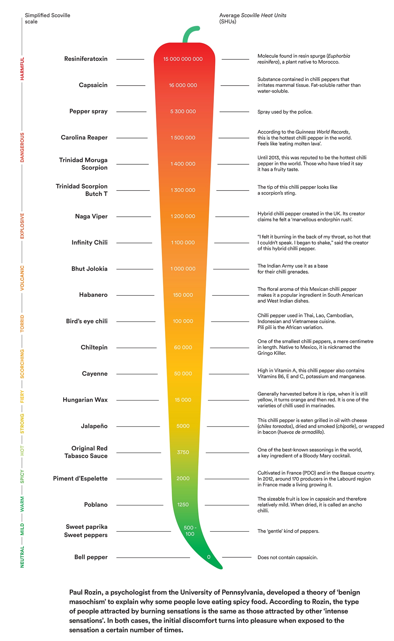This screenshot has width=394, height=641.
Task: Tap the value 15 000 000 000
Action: point(183,59)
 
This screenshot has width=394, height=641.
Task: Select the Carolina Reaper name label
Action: point(84,137)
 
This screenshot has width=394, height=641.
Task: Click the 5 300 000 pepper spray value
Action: point(183,112)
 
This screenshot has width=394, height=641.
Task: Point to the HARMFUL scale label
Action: point(22,69)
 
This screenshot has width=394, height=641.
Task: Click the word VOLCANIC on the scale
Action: point(22,278)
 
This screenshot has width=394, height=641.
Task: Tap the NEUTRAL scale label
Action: point(22,557)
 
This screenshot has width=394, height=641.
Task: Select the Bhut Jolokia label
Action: point(89,269)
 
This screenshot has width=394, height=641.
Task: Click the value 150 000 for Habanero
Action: point(183,295)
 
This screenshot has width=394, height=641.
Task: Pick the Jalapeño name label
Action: point(94,426)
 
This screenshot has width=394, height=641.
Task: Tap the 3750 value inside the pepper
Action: point(183,452)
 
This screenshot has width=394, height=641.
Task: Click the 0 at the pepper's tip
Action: point(209,557)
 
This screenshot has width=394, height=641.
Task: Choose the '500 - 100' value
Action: point(190,531)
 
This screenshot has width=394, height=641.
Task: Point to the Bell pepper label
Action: point(91,557)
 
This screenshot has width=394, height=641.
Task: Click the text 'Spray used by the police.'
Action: point(285,112)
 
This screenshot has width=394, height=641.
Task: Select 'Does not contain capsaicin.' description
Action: point(287,557)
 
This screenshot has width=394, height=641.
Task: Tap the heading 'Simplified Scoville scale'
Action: point(47,18)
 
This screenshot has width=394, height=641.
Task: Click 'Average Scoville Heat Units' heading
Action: point(253,15)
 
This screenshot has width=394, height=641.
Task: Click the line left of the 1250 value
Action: point(140,505)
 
